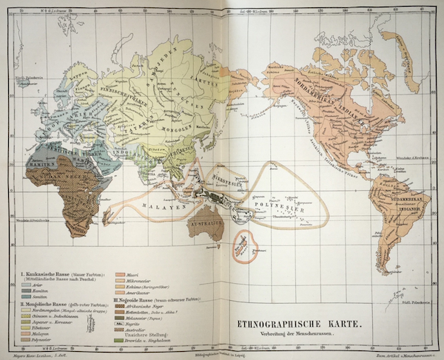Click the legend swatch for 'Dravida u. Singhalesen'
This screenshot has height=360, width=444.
click(120, 340)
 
